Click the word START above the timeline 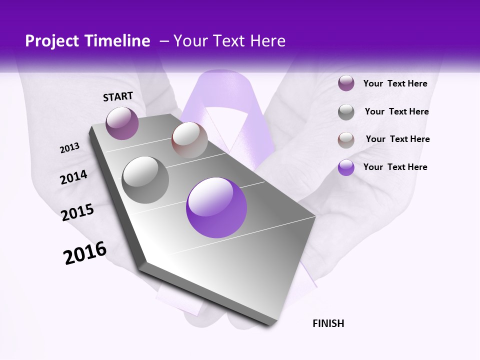(118, 96)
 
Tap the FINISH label (328, 323)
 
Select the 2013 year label (70, 148)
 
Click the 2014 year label (73, 177)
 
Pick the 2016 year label (85, 253)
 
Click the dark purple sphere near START (122, 123)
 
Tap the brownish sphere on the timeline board (189, 140)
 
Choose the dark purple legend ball (346, 83)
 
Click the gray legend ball (346, 112)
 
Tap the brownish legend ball (346, 140)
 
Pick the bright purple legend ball (346, 167)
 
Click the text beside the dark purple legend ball (395, 84)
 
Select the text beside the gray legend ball (396, 111)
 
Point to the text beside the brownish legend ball (397, 139)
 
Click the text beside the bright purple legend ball (395, 167)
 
